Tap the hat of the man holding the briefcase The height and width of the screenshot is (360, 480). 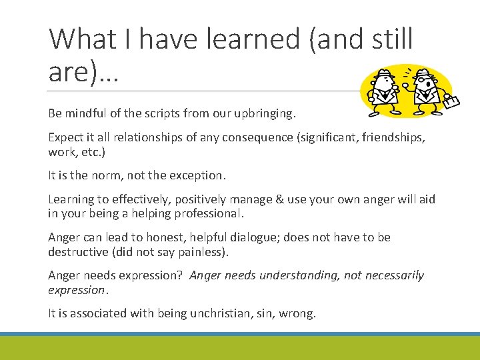(425, 74)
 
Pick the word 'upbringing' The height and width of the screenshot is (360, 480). (262, 113)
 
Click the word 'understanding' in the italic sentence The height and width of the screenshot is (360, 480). (299, 275)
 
